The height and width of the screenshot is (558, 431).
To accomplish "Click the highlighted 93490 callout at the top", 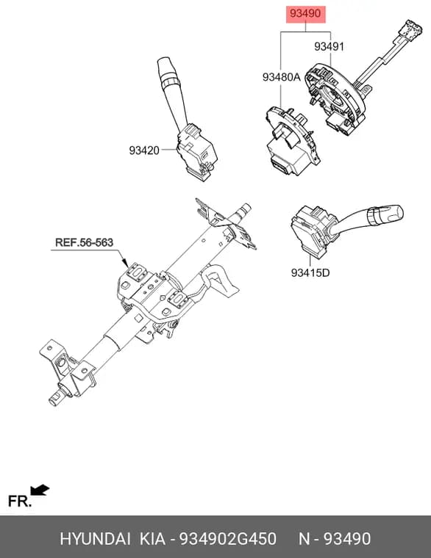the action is [305, 14].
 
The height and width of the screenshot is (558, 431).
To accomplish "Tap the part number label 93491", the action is [329, 46].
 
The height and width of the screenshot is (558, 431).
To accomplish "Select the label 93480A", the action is [282, 77].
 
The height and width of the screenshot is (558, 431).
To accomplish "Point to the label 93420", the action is [144, 151].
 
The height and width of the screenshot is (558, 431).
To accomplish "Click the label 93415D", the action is [310, 272].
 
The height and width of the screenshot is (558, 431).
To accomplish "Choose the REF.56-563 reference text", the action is [84, 242].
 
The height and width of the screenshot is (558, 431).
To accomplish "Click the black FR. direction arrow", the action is [40, 490].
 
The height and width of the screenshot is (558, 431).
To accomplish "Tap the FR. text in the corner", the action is [20, 501].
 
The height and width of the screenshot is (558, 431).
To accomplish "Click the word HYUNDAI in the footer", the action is [95, 539].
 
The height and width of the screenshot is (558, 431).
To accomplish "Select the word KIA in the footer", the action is [152, 539].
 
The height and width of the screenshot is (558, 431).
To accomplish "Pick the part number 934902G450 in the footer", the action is [227, 539].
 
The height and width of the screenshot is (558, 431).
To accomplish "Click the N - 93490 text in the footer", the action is [335, 539].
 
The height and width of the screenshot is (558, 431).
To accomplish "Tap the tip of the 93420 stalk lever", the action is [163, 61].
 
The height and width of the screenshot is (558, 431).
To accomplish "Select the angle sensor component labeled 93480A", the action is [291, 140].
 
